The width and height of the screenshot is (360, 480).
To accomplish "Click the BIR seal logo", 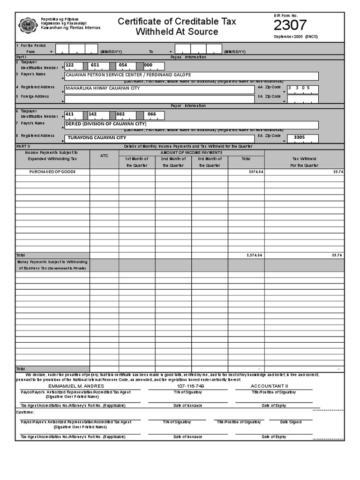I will tap(29, 25).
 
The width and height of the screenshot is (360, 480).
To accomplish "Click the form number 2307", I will tap(290, 25).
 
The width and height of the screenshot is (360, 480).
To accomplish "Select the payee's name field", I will tap(191, 76).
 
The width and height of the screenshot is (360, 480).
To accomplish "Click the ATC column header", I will tap(104, 156).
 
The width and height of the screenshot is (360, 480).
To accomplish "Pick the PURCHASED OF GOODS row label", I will tap(52, 172).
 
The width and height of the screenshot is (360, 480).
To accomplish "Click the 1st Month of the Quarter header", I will tap(136, 162).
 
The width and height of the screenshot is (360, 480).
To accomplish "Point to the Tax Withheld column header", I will tap(304, 162).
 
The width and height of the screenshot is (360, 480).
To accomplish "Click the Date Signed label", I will tap(291, 422).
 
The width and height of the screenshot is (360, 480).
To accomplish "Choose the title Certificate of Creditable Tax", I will tap(177, 22).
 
